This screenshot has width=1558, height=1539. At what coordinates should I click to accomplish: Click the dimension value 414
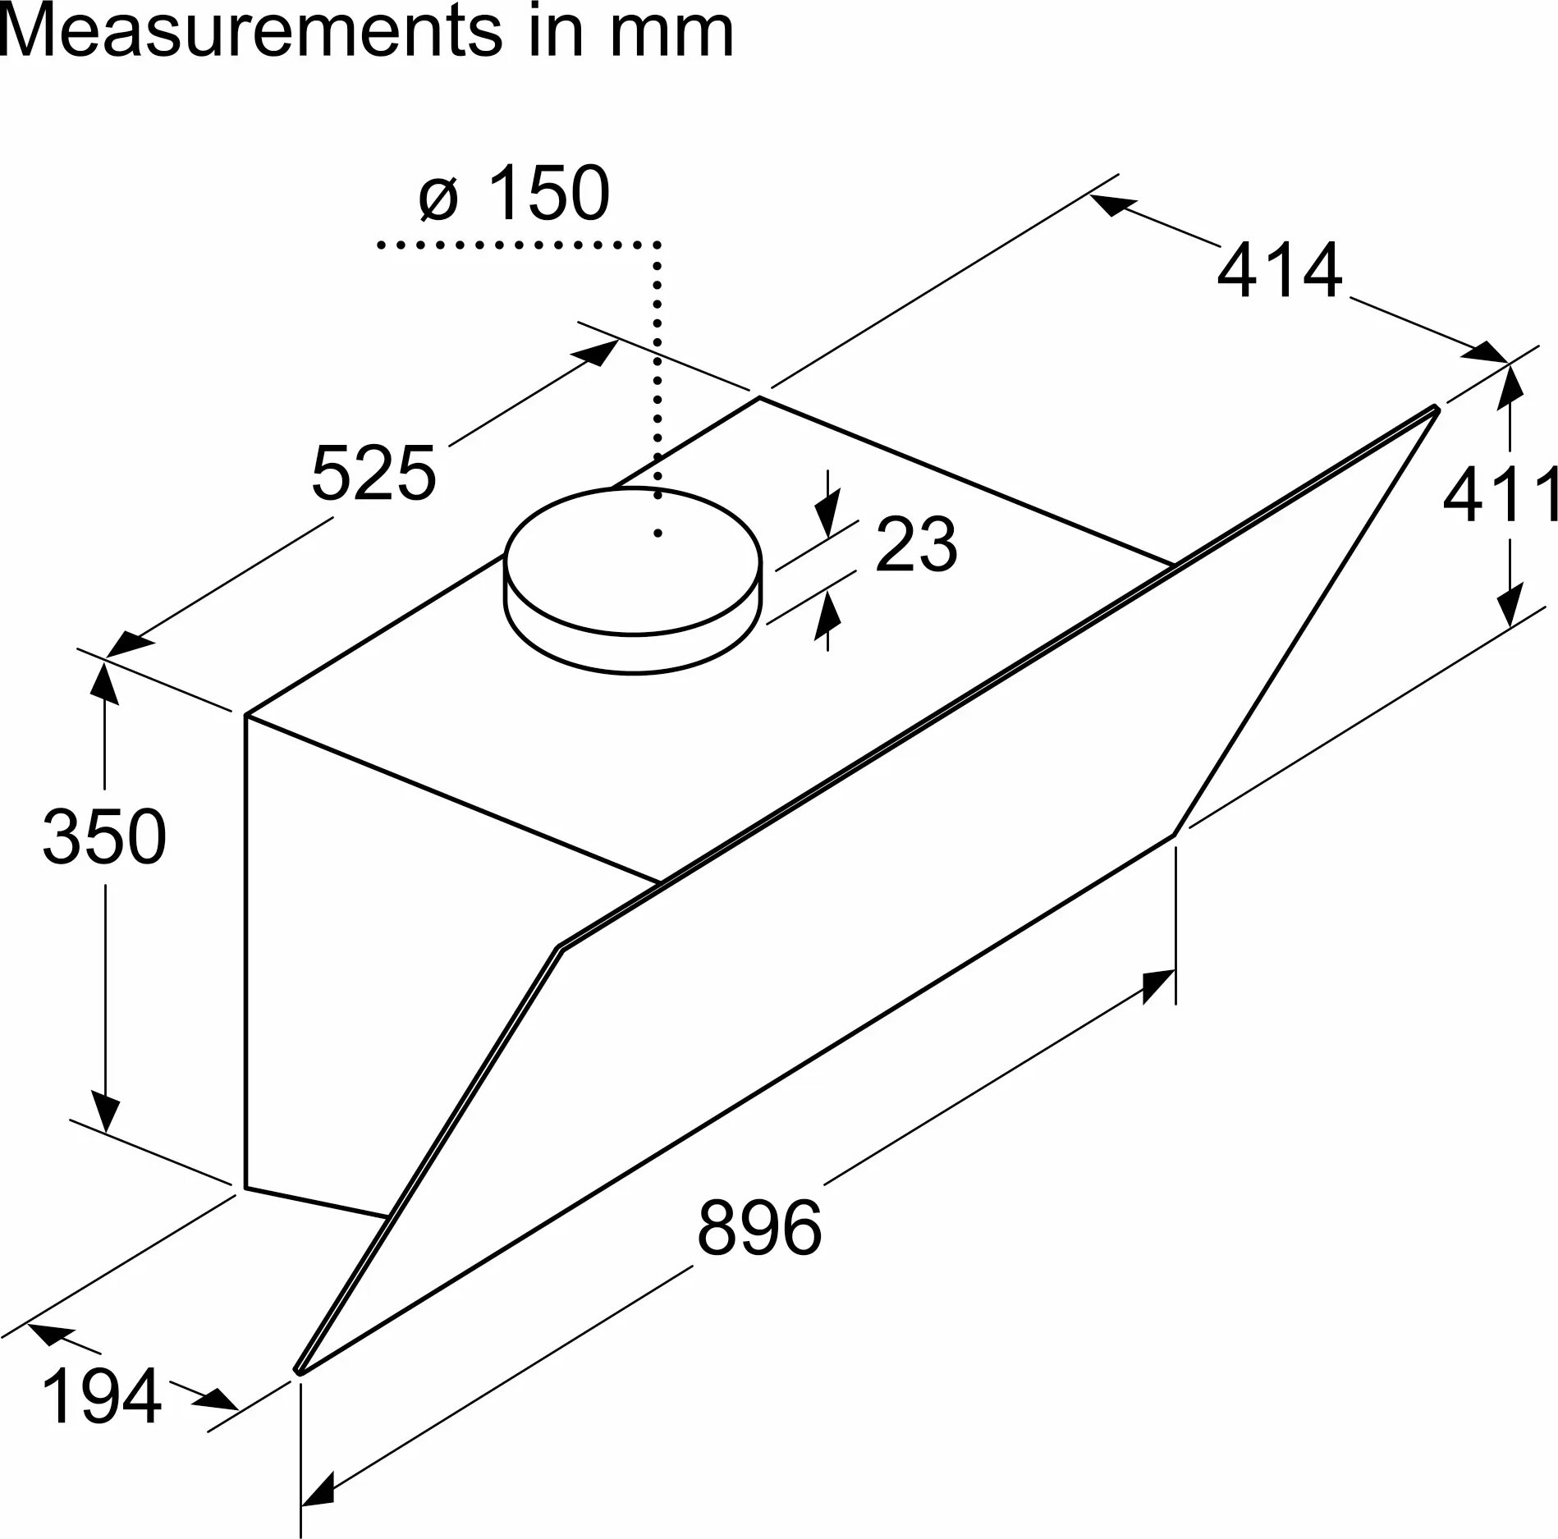point(1280,270)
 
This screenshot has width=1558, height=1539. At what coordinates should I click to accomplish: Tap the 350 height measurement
point(104,836)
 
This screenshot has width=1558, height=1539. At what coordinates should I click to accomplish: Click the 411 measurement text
point(1500,496)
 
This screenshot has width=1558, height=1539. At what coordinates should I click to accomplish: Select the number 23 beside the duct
point(916,544)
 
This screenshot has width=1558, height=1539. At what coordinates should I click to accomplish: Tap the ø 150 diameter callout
point(515,194)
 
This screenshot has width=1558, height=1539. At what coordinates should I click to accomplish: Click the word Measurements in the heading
point(252,31)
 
